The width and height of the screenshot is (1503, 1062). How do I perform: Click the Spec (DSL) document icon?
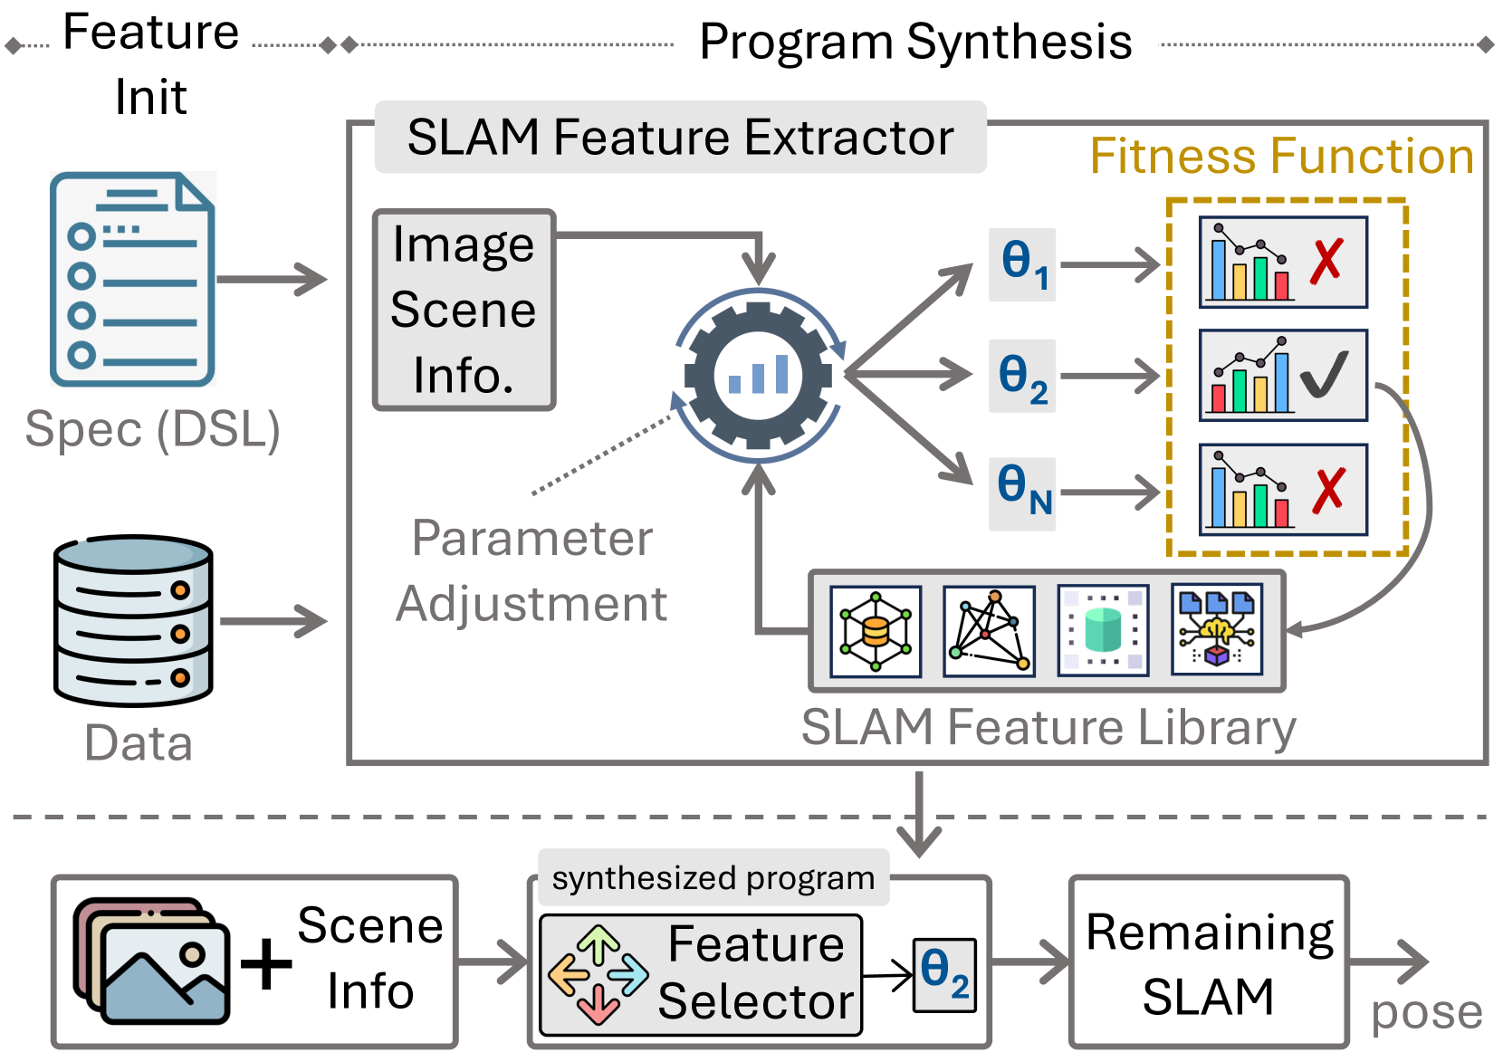pyautogui.click(x=132, y=279)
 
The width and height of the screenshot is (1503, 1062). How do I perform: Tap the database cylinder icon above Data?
pyautogui.click(x=133, y=620)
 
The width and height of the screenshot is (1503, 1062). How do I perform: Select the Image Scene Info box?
pyautogui.click(x=464, y=310)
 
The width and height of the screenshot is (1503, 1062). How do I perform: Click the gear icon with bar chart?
pyautogui.click(x=758, y=374)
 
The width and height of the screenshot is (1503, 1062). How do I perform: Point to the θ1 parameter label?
pyautogui.click(x=1023, y=263)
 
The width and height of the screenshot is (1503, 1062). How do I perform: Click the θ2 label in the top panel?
pyautogui.click(x=1023, y=377)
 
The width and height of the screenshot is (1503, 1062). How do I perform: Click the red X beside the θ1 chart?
pyautogui.click(x=1326, y=262)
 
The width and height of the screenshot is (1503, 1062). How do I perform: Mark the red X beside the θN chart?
pyautogui.click(x=1328, y=491)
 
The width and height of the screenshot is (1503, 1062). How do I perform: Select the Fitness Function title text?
pyautogui.click(x=1281, y=156)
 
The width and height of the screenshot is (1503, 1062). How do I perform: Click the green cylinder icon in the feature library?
pyautogui.click(x=1103, y=630)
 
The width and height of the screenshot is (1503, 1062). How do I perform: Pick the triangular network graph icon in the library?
pyautogui.click(x=989, y=630)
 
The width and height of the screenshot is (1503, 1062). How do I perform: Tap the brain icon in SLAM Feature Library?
pyautogui.click(x=1217, y=630)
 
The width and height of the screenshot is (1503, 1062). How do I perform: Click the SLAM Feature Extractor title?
pyautogui.click(x=680, y=138)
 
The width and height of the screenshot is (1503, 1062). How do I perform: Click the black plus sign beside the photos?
pyautogui.click(x=266, y=964)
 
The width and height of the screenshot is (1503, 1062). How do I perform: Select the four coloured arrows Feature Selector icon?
pyautogui.click(x=598, y=974)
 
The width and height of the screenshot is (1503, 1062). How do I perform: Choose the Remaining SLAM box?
pyautogui.click(x=1209, y=963)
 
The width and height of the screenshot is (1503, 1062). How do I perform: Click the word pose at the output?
pyautogui.click(x=1426, y=1012)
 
